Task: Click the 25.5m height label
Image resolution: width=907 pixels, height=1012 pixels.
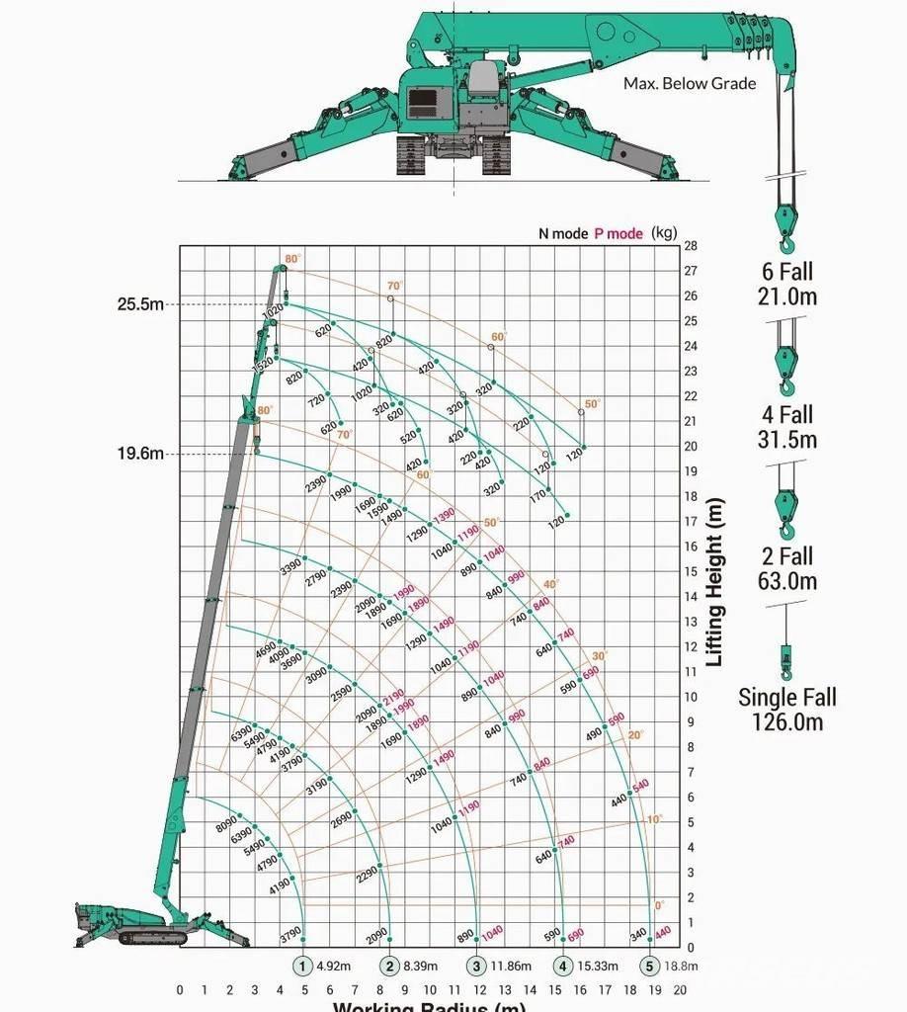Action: pos(140,304)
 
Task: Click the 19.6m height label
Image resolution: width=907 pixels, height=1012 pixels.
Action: pos(140,455)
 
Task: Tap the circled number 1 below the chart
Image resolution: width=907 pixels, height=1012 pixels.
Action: pos(302,967)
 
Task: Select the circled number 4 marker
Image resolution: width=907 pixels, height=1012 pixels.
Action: pos(563,967)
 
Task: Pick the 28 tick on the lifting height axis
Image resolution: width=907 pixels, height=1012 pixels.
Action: pos(691,245)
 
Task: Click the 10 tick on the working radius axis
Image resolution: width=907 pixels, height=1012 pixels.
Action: pos(430,989)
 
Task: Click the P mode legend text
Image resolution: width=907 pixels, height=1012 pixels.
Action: pos(618,234)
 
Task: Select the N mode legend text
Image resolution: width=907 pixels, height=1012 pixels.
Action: pos(562,234)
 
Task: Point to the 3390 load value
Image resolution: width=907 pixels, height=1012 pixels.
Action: pos(290,568)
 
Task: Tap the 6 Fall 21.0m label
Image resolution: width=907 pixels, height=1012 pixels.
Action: pos(786,284)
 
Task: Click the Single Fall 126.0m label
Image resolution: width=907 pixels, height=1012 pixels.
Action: pos(786,710)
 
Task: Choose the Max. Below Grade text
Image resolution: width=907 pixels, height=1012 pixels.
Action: pos(689,84)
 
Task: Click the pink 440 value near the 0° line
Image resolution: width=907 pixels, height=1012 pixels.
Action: pos(662,931)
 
